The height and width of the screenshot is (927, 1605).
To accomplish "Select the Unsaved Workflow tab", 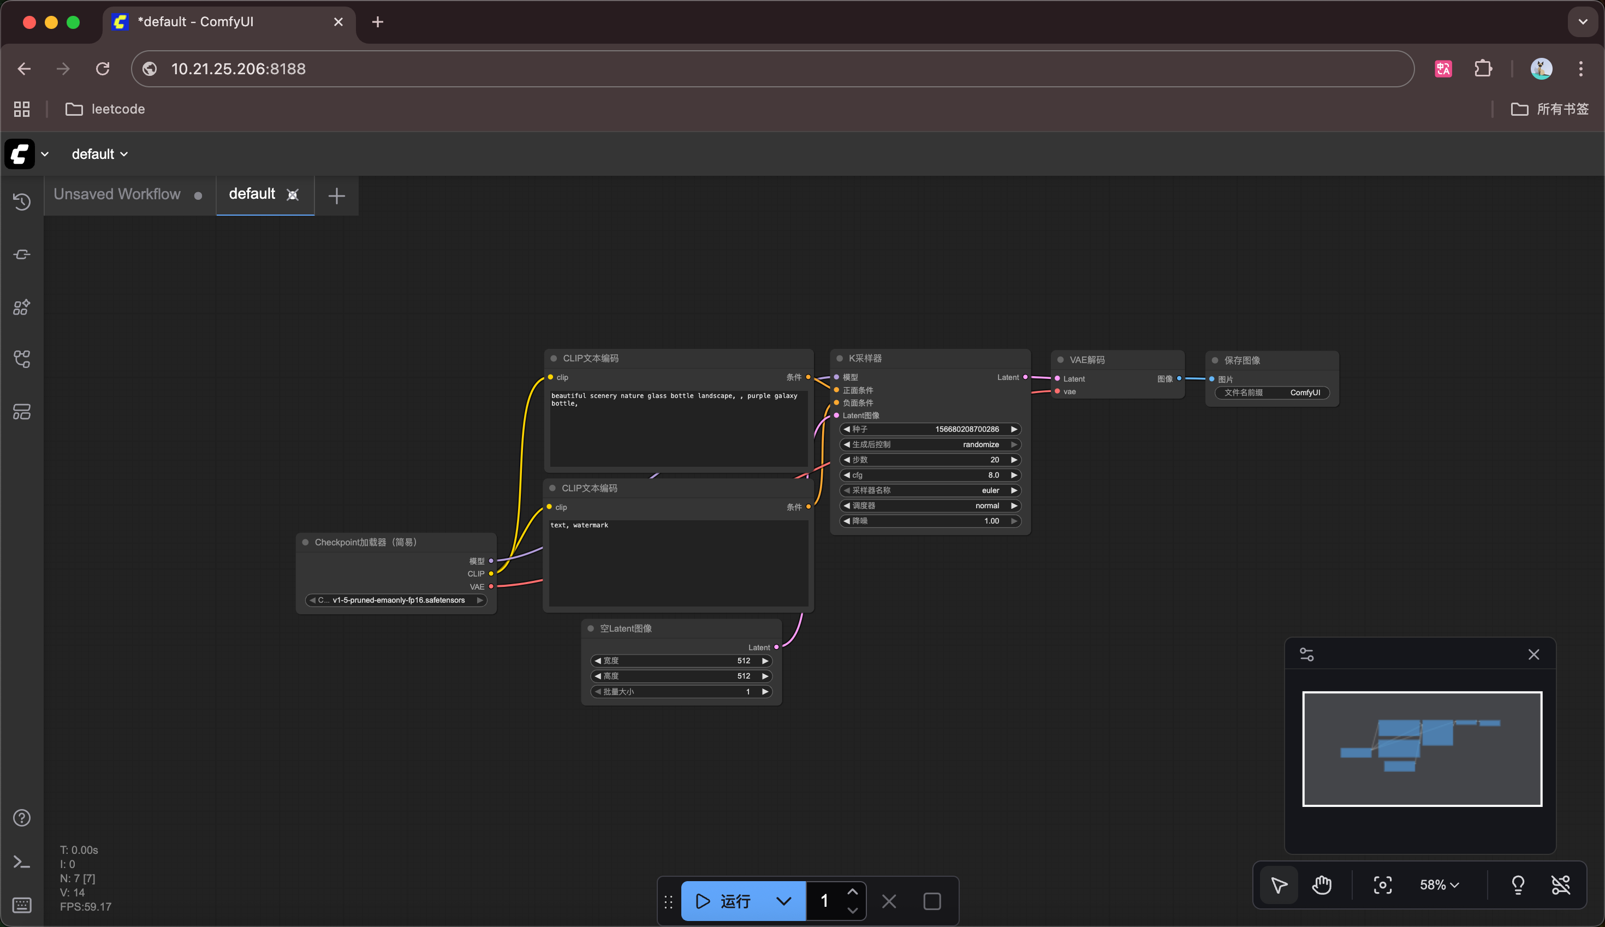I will (117, 194).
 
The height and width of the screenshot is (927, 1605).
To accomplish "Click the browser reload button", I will (103, 69).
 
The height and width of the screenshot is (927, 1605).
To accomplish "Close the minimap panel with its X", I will (1533, 655).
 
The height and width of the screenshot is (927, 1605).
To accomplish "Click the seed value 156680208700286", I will (966, 429).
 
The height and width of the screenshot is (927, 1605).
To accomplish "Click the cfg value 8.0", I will (992, 475).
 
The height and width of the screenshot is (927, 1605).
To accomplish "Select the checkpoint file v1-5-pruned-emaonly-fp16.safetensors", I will (399, 600).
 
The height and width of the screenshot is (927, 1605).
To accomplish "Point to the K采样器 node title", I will (865, 359).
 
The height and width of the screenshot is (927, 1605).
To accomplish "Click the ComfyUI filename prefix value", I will (1305, 393).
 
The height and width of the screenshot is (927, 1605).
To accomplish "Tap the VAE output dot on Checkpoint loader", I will (491, 586).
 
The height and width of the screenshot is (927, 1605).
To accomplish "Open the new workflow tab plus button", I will (337, 195).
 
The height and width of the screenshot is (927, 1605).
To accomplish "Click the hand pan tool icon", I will (1322, 885).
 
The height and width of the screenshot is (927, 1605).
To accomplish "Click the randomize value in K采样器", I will (980, 444).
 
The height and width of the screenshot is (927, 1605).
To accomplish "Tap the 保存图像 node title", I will (1241, 360).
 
